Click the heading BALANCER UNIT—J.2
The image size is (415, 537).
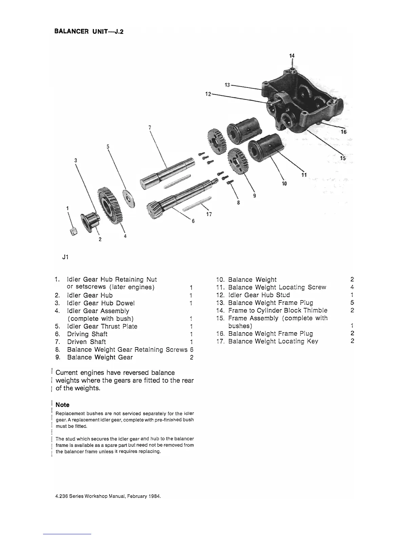point(91,32)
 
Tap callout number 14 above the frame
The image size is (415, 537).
point(292,56)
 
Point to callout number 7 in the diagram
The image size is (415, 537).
point(150,127)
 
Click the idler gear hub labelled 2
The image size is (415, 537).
point(89,222)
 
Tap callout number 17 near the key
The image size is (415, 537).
point(209,214)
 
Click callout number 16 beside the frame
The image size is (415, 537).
point(343,132)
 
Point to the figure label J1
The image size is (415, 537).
point(65,257)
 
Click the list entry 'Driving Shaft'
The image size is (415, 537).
point(87,334)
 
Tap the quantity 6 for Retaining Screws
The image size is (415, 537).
point(192,350)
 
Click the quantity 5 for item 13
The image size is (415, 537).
point(352,302)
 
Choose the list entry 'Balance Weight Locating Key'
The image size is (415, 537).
point(273,341)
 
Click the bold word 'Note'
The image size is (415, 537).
point(62,405)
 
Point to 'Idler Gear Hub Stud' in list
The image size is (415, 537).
point(259,295)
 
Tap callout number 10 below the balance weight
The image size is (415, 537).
point(284,183)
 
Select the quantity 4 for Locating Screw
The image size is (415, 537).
point(352,287)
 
